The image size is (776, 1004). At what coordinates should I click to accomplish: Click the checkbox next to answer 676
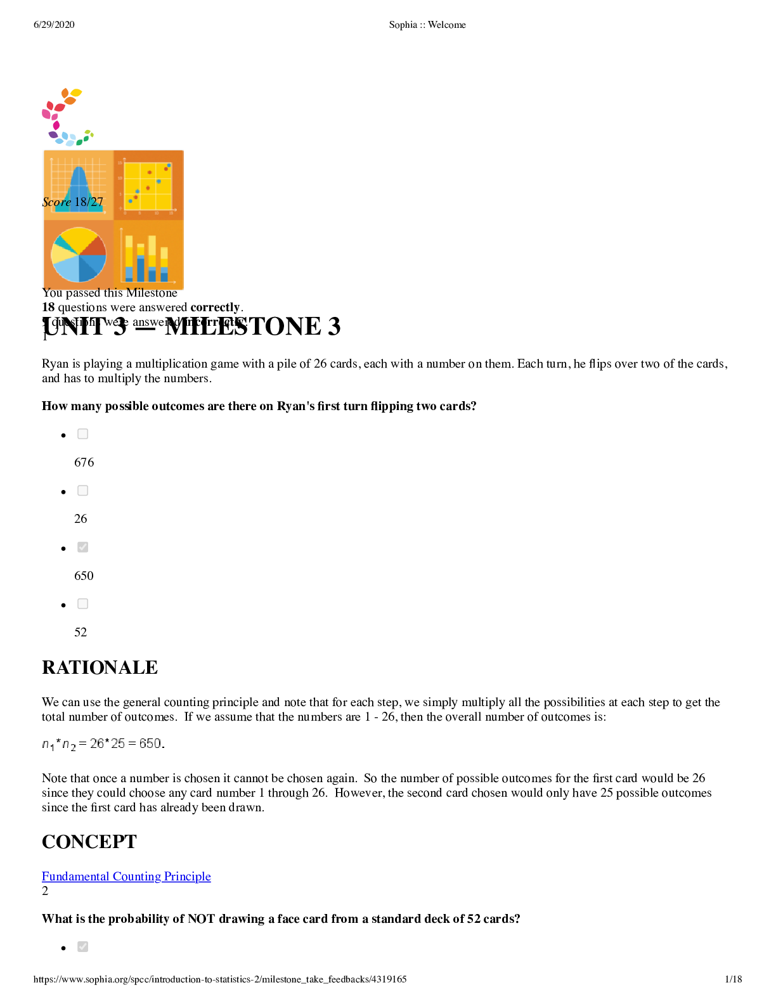point(82,434)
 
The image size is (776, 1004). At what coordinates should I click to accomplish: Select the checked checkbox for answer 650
point(82,547)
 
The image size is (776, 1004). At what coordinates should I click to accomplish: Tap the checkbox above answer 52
point(82,604)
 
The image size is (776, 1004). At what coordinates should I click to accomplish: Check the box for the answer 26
point(82,491)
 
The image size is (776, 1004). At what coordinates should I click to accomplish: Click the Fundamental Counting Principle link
point(126,876)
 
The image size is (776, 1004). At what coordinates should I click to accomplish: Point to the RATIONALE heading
point(100,667)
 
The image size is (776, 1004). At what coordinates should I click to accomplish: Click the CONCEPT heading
point(89,842)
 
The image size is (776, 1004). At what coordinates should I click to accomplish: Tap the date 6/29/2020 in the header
point(54,25)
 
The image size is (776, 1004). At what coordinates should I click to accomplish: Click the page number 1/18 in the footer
point(733,979)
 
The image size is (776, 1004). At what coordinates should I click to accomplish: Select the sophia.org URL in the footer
point(220,979)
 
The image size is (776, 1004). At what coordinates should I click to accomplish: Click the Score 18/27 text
point(72,202)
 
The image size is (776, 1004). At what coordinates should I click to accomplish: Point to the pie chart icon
point(79,255)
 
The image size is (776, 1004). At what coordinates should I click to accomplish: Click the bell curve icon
point(79,186)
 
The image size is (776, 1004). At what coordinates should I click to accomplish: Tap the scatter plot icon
point(148,186)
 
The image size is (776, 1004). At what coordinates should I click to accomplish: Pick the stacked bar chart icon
point(148,255)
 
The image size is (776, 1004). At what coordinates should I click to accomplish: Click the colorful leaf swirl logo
point(65,117)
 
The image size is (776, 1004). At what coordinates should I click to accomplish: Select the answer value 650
point(84,576)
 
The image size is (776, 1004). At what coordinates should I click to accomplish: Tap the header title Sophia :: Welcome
point(427,25)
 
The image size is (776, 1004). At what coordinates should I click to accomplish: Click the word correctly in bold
point(215,307)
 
